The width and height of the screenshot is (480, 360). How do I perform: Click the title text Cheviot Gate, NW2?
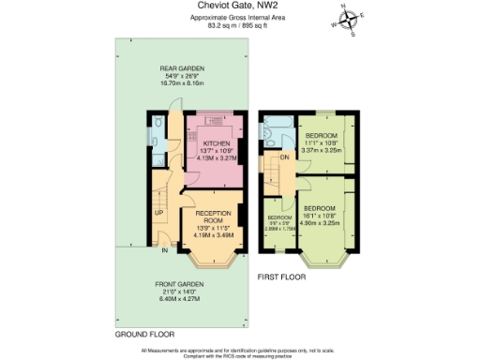pyautogui.click(x=239, y=7)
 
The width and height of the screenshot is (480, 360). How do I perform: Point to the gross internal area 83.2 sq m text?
pyautogui.click(x=239, y=25)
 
